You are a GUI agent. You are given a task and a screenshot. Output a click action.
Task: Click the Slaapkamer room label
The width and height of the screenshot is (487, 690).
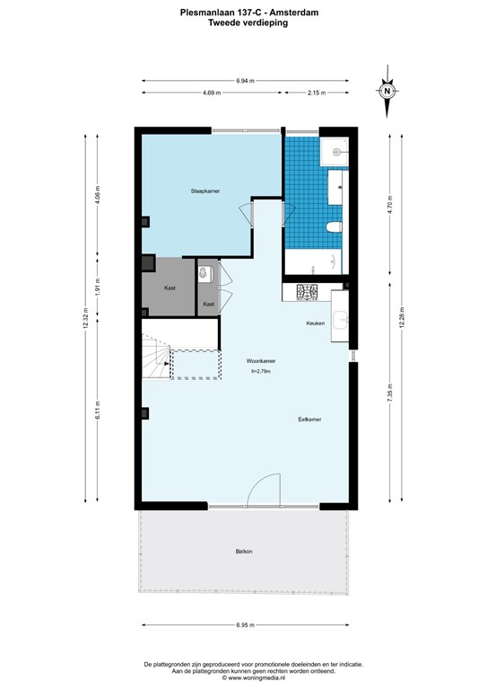[205, 191]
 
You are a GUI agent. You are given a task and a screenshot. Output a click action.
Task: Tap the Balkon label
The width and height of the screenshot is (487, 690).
[244, 552]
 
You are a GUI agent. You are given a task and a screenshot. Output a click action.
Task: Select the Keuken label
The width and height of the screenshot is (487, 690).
[316, 323]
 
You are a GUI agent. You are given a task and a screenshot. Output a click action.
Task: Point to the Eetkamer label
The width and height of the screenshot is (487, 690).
[309, 420]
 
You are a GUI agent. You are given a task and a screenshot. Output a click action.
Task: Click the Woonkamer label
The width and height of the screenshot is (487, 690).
[261, 361]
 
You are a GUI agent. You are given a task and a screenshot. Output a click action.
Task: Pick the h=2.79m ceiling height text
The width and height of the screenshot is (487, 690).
[261, 371]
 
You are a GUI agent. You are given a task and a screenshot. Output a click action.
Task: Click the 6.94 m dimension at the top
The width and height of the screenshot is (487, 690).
[245, 81]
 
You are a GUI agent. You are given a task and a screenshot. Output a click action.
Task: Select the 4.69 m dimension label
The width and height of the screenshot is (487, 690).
[212, 93]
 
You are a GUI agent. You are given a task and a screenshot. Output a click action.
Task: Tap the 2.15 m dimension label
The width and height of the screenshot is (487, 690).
[317, 93]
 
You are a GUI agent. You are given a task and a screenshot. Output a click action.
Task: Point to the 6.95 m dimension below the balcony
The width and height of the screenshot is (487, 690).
[245, 625]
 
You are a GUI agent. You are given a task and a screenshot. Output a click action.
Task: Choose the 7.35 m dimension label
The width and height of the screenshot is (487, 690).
[390, 394]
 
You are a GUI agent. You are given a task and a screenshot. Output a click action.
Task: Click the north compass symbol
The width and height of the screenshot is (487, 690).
[387, 91]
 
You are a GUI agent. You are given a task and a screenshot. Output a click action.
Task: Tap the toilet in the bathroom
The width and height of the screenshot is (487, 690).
[335, 227]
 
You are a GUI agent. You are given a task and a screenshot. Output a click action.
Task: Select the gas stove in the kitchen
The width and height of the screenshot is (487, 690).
[307, 292]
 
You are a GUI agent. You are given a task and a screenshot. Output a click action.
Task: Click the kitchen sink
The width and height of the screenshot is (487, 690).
[340, 320]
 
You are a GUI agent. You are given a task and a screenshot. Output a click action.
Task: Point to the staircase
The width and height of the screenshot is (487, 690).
[156, 357]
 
